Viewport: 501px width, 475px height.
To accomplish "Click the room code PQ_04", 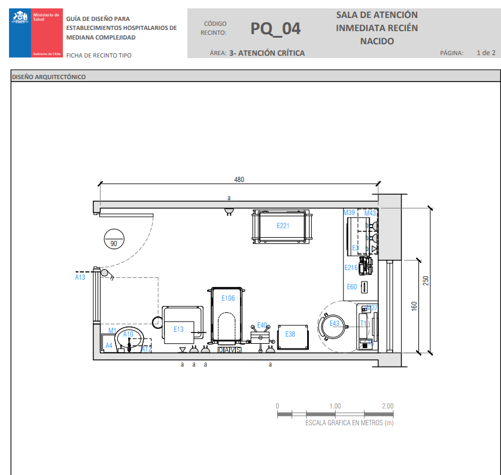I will (x=275, y=28).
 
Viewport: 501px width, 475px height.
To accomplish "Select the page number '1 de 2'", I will (x=485, y=53).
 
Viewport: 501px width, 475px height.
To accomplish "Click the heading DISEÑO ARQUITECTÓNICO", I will (x=48, y=77).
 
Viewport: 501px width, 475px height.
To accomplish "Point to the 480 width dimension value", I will (x=239, y=180).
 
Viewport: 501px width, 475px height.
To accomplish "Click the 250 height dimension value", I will (x=426, y=280).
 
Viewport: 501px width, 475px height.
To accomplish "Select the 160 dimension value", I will (x=414, y=305).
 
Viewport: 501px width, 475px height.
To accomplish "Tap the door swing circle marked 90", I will (x=113, y=238).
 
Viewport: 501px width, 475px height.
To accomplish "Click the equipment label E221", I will (x=283, y=226).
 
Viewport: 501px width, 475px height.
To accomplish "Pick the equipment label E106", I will (x=228, y=298).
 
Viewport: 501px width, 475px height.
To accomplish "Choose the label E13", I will (x=179, y=329).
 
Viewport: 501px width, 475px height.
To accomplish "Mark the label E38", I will (x=290, y=334).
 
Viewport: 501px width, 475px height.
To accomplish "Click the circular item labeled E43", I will (x=333, y=324).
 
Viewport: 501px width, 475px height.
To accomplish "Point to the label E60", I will (x=352, y=287).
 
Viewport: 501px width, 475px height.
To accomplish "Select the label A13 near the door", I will (x=80, y=277).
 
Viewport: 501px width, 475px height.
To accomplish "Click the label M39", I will (x=349, y=213).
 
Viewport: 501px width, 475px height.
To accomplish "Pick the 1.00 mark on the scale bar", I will (x=335, y=406).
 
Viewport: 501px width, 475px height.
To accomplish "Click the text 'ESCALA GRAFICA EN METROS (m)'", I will (x=350, y=423).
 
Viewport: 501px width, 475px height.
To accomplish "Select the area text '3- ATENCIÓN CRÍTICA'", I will (x=267, y=53).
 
